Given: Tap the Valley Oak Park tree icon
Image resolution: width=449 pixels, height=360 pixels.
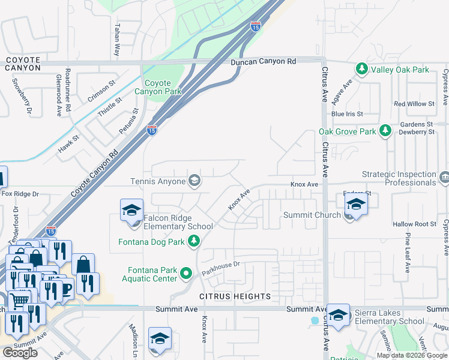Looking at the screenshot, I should point(362,70).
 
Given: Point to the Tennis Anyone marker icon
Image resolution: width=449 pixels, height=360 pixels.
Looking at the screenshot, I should point(194,181).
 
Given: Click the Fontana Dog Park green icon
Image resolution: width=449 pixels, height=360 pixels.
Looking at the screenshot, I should point(194,241).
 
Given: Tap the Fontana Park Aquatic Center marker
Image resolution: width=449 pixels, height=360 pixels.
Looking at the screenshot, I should point(187,275).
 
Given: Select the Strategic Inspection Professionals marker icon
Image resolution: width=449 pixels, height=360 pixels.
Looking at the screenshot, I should point(444,178).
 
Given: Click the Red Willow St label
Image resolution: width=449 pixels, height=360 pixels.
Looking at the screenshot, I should point(414,104).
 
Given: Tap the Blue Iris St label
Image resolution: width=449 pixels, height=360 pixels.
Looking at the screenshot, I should point(347,113).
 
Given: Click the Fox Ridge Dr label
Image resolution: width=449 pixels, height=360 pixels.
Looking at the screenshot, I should point(20,194).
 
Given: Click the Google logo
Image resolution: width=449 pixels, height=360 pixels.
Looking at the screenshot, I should point(20,353).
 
